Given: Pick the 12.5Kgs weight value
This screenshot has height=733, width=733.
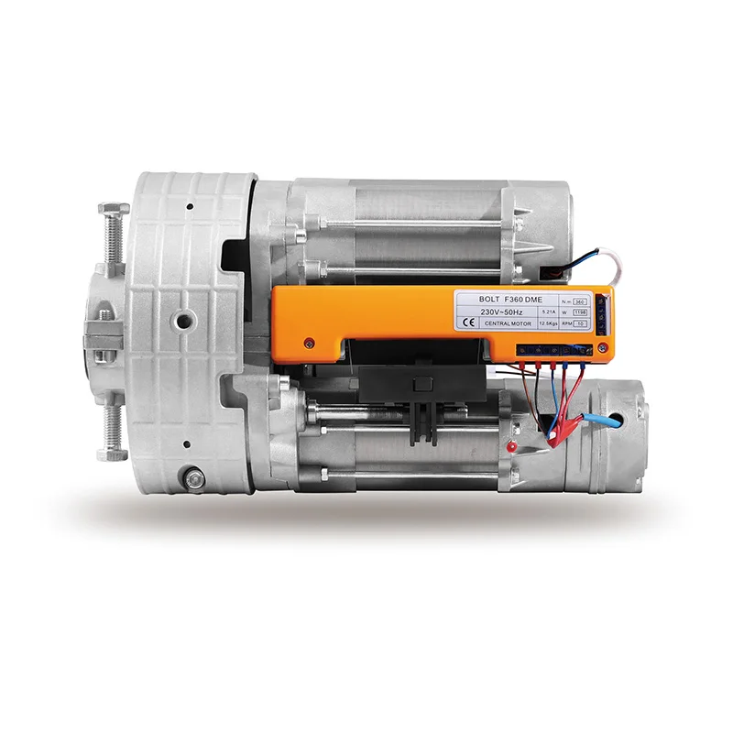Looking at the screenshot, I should pos(552,323).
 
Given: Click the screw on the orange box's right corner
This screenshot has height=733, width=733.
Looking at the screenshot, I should pos(603,348).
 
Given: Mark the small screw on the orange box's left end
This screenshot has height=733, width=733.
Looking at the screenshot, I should pos(309,343).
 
